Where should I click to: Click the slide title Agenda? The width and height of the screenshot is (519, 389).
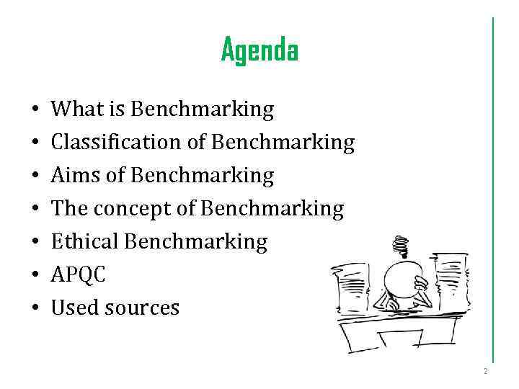tap(259, 50)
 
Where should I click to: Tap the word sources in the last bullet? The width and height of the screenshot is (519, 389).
tap(142, 308)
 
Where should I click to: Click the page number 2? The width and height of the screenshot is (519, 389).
tap(486, 372)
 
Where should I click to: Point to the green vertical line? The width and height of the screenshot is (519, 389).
tap(493, 187)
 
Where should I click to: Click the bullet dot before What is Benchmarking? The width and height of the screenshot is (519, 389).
tap(35, 111)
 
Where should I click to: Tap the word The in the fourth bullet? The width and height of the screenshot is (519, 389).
tap(68, 209)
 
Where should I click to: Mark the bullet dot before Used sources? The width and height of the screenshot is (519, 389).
tap(35, 309)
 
